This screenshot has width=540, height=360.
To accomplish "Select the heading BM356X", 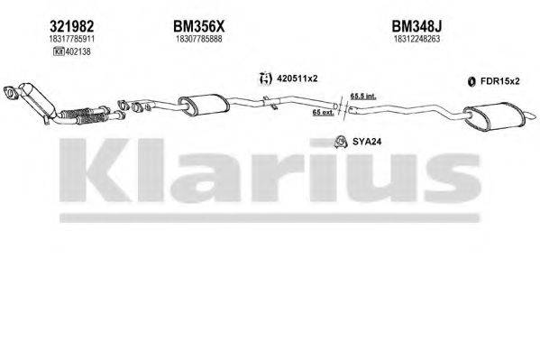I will click(197, 28).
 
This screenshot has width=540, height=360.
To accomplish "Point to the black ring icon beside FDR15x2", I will click(471, 83).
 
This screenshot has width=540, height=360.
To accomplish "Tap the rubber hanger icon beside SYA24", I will click(342, 140).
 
